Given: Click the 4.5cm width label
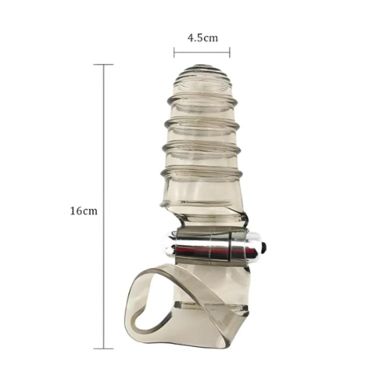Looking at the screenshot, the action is click(x=202, y=38).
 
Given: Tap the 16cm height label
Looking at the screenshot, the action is click(x=84, y=211).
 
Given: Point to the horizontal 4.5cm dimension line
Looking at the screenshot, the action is click(x=202, y=52).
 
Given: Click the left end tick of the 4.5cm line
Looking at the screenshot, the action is click(x=174, y=52).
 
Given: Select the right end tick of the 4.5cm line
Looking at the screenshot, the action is click(x=230, y=52).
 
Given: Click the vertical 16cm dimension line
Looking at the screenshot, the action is click(x=104, y=242).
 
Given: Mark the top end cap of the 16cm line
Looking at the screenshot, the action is click(x=103, y=64).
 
